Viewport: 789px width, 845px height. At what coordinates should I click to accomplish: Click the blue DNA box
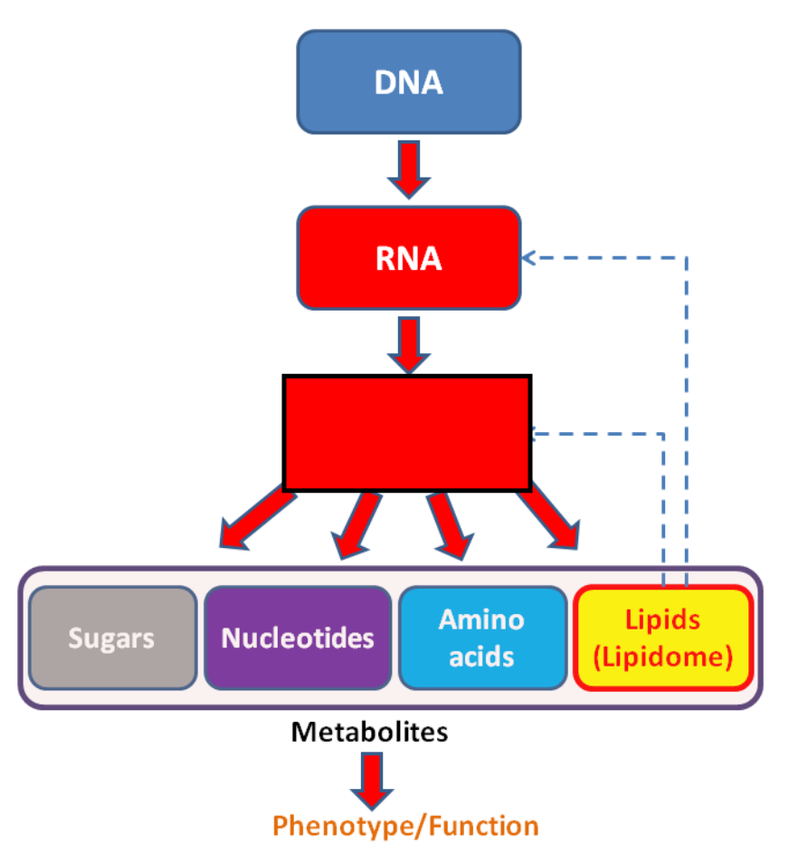(x=409, y=82)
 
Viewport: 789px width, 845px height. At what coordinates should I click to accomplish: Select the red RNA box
(x=409, y=257)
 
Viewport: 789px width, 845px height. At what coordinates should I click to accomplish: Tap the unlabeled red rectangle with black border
(x=407, y=433)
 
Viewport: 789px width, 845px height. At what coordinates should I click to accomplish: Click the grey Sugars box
(x=112, y=638)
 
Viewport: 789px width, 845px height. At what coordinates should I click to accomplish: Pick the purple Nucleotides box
(x=298, y=638)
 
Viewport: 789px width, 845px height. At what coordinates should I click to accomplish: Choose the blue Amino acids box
(x=482, y=638)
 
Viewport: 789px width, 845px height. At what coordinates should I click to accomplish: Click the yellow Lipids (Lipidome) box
(x=663, y=638)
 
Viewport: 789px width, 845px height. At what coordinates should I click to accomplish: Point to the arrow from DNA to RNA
(x=409, y=169)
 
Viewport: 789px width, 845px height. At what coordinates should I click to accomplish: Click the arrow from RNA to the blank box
(x=409, y=345)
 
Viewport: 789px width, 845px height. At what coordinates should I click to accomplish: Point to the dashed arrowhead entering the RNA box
(x=528, y=257)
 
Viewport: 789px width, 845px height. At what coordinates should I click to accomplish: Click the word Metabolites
(x=369, y=732)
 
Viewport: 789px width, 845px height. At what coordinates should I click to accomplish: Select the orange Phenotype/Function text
(x=405, y=826)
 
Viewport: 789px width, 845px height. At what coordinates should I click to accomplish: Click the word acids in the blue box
(x=481, y=657)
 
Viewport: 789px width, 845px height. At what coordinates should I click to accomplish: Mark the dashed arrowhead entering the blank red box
(x=535, y=433)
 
